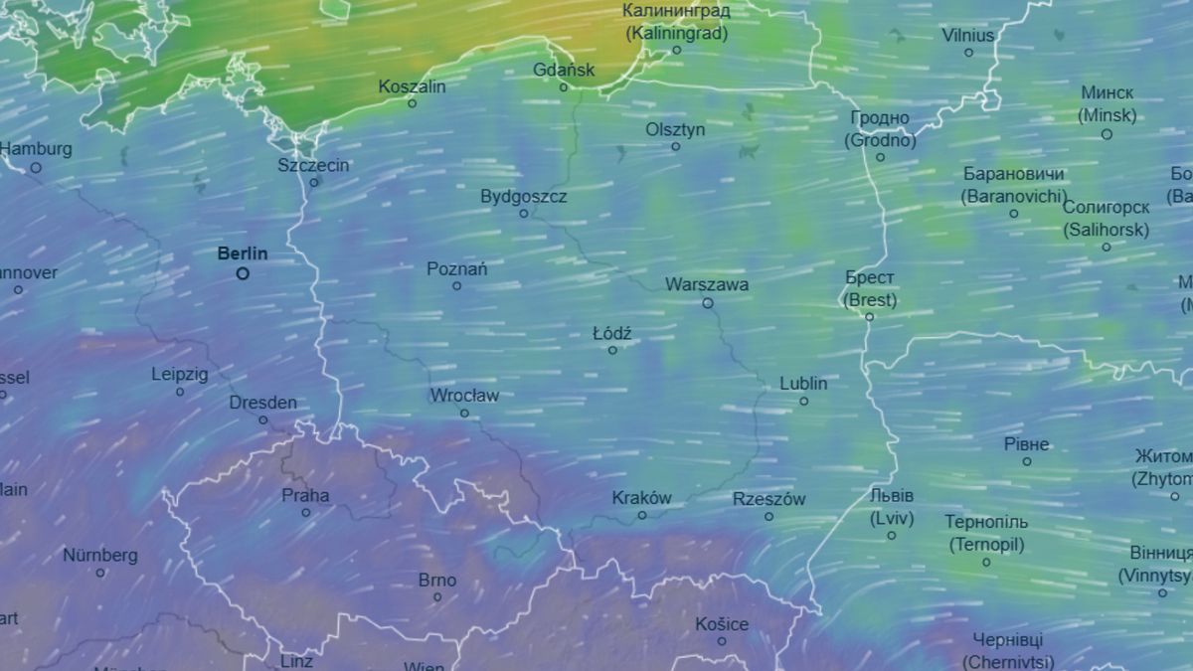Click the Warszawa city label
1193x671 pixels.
coord(707,284)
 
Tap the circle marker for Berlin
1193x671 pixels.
coord(243,273)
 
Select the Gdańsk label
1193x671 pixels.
coord(564,70)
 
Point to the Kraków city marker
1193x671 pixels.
coord(642,515)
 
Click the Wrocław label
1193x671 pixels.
coord(464,396)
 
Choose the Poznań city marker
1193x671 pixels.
coord(457,286)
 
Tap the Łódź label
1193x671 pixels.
coord(612,333)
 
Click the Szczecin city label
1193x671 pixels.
coord(313,165)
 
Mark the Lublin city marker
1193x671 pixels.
coord(804,402)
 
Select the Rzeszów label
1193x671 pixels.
coord(768,499)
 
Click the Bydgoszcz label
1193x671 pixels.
coord(524,196)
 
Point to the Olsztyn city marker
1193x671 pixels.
coord(676,147)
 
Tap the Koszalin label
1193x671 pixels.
coord(413,86)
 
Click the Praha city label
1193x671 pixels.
coord(305,495)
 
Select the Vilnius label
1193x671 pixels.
coord(967,35)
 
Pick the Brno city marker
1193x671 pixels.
coord(437,597)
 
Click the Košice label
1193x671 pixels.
coord(722,624)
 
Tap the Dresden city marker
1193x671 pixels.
coord(263,419)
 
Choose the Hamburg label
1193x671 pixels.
coord(37,149)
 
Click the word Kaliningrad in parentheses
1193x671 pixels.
coord(677,32)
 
